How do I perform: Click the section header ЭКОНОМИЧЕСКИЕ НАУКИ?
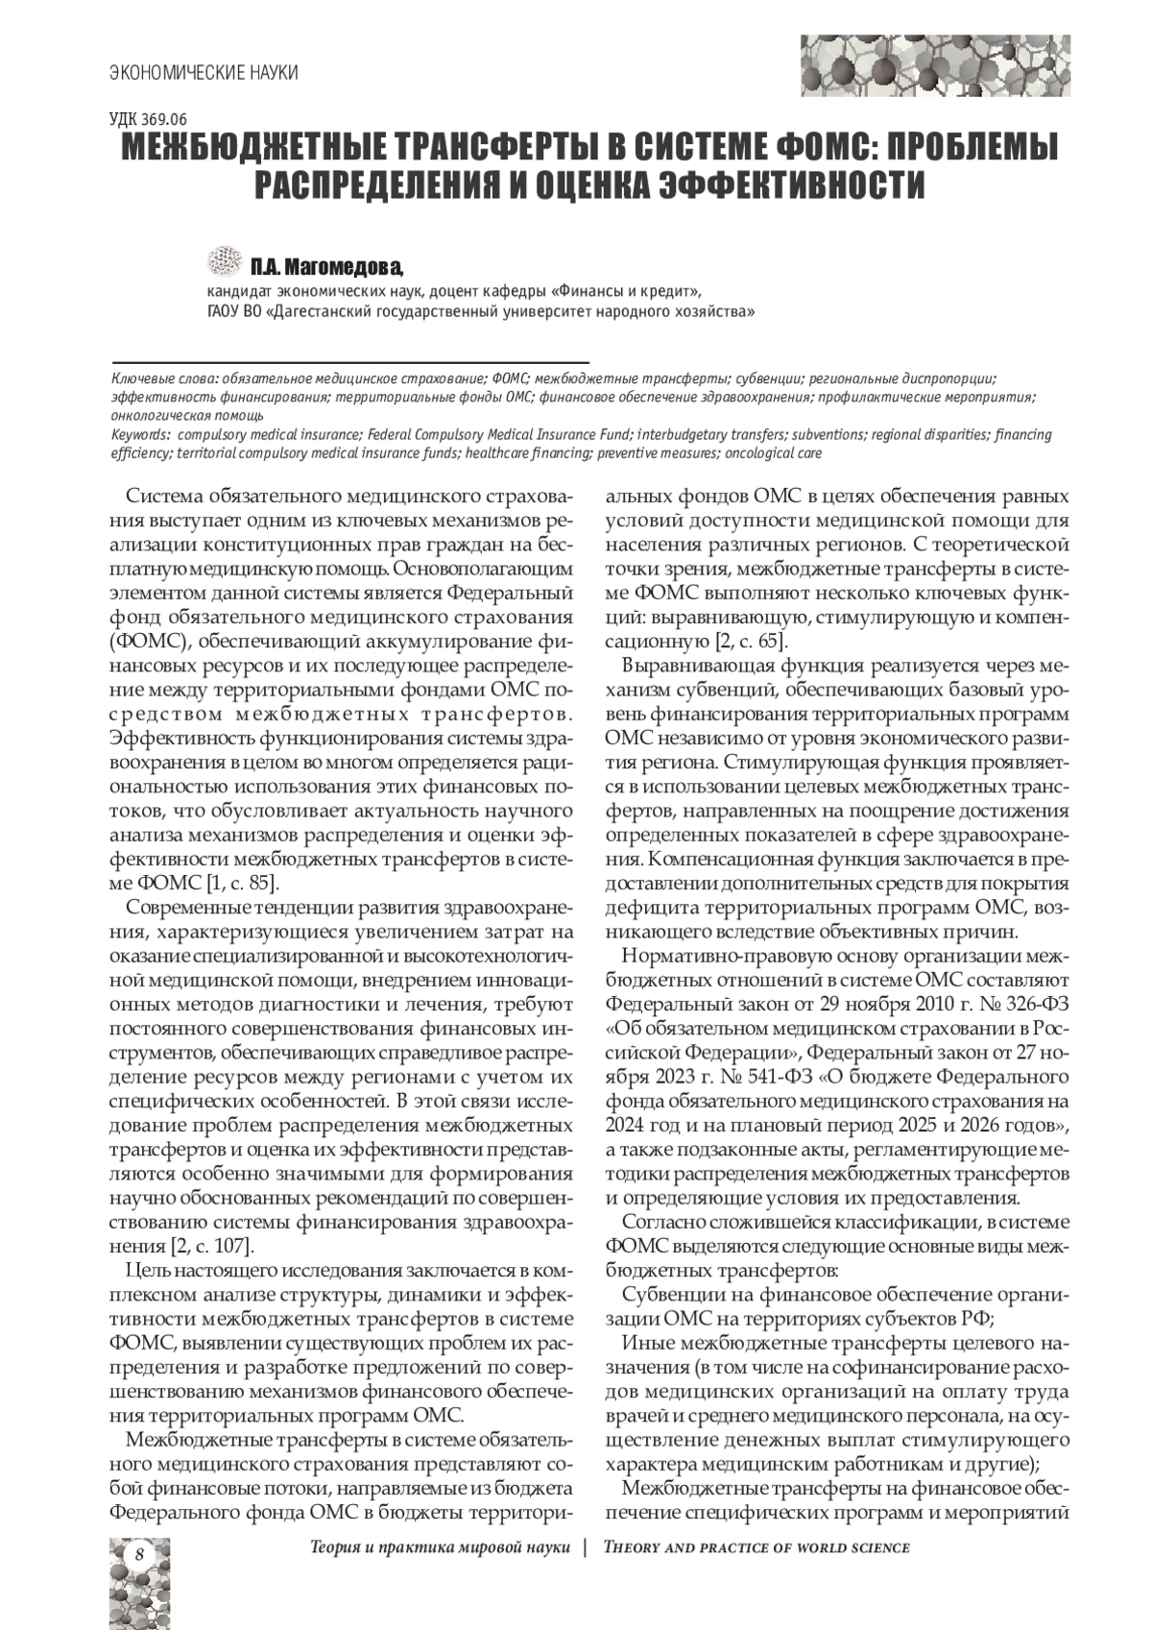[x=203, y=72]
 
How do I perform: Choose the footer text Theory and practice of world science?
[x=756, y=1547]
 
